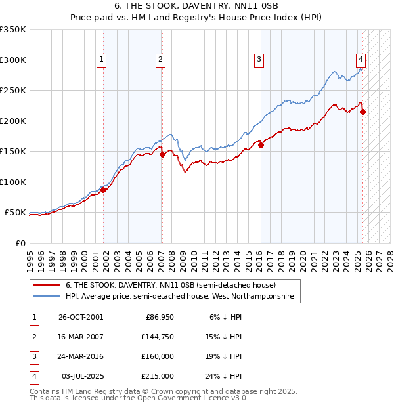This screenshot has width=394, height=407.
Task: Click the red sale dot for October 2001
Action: (x=103, y=190)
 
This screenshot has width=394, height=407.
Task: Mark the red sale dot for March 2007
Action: (x=162, y=154)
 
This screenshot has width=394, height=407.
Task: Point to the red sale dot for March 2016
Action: (x=261, y=145)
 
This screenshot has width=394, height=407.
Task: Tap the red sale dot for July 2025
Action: (x=362, y=112)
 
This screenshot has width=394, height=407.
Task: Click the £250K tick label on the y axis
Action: (x=12, y=90)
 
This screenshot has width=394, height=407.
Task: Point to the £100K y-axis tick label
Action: (x=12, y=182)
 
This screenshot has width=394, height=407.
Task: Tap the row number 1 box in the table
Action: (x=33, y=318)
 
